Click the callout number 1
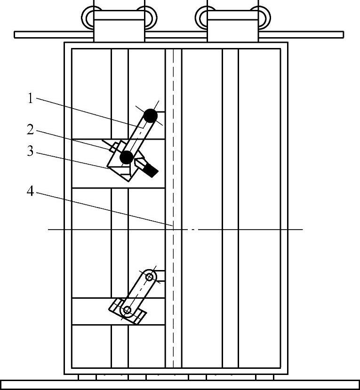pyautogui.click(x=30, y=98)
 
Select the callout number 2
pyautogui.click(x=30, y=129)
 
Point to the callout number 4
pyautogui.click(x=30, y=192)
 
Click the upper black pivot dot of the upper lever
pyautogui.click(x=151, y=115)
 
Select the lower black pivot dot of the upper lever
pyautogui.click(x=127, y=158)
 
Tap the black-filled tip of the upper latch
pyautogui.click(x=151, y=171)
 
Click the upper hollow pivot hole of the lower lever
pyautogui.click(x=150, y=277)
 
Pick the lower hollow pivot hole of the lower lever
pyautogui.click(x=127, y=310)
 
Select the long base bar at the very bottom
pyautogui.click(x=180, y=385)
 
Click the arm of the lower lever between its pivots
pyautogui.click(x=138, y=293)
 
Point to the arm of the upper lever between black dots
pyautogui.click(x=139, y=136)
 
